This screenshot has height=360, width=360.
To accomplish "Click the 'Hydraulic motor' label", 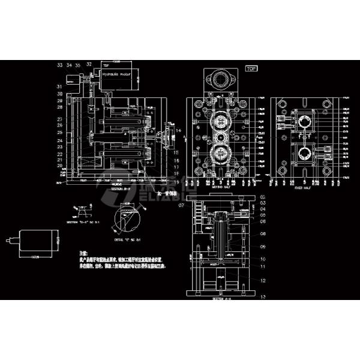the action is (x=116, y=74).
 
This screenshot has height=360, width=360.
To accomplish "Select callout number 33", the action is (x=59, y=64).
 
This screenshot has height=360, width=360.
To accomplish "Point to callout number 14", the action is (x=177, y=130).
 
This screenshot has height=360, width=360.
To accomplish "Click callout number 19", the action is (x=177, y=181).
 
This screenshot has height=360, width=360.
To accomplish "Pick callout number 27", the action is (x=60, y=119).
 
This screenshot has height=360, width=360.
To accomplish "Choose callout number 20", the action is (x=60, y=165).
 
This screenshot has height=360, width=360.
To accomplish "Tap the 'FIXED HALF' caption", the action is (x=302, y=187).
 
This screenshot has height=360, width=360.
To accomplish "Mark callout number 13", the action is (x=263, y=304).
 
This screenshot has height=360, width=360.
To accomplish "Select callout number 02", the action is (x=263, y=197).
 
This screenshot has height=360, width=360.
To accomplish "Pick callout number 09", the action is (x=263, y=247).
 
